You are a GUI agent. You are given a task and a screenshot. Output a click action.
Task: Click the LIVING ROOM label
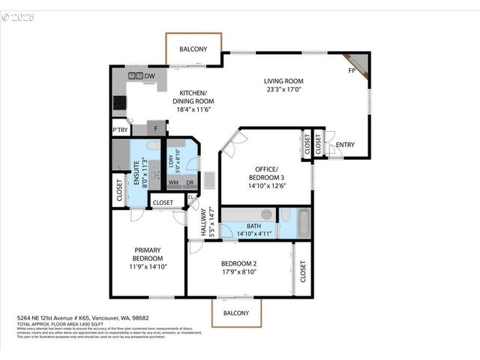(x=283, y=81)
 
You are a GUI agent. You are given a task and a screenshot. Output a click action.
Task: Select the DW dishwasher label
(x=150, y=76)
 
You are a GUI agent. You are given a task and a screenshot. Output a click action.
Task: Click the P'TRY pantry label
(x=120, y=128)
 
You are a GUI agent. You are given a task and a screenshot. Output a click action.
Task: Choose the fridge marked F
(x=156, y=128)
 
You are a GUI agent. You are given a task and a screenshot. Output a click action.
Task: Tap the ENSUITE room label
(x=137, y=172)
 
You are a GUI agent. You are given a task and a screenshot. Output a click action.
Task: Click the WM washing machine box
(x=173, y=182)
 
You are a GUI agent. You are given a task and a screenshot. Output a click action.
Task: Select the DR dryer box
(x=190, y=182)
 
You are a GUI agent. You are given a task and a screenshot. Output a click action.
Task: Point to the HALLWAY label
(x=202, y=223)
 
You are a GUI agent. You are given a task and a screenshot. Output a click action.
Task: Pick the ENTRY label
(x=346, y=145)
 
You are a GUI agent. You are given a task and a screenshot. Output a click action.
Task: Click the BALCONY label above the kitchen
(x=193, y=49)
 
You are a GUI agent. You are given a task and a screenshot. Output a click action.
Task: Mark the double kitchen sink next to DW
(x=136, y=76)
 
